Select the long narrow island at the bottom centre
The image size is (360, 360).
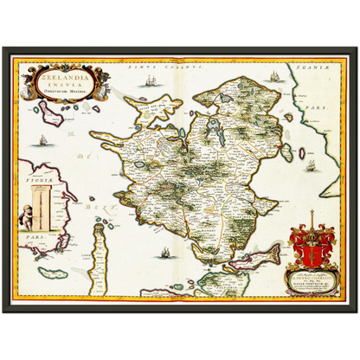coord(107,265)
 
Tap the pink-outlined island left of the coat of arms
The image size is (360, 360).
coord(260,255)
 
